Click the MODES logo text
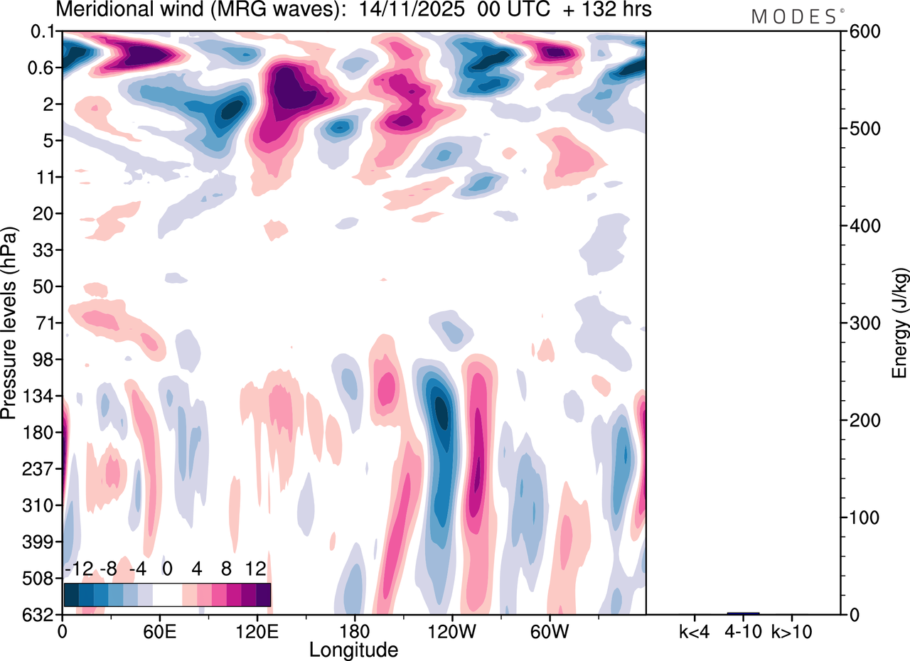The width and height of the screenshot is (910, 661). (793, 17)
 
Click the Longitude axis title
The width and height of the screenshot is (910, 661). (353, 650)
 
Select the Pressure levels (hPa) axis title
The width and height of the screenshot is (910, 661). (10, 323)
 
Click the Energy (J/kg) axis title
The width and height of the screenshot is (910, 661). (900, 323)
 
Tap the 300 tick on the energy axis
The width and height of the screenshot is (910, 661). (862, 323)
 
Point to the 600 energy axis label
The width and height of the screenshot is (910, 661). (862, 32)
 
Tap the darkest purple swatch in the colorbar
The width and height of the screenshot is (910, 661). (263, 594)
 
